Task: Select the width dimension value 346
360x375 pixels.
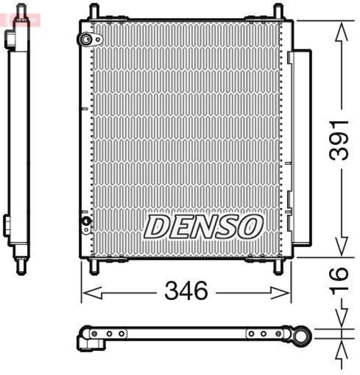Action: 186,292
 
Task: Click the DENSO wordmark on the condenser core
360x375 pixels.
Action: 203,227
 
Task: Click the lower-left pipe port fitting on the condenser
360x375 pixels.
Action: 86,222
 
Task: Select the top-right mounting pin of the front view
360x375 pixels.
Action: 278,12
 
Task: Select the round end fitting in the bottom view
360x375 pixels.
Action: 303,336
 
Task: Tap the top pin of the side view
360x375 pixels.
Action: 20,12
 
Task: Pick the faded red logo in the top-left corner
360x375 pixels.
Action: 21,19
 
